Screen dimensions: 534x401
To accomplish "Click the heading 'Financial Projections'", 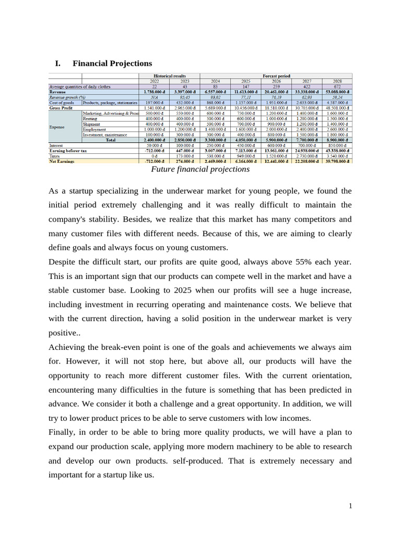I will [112, 63].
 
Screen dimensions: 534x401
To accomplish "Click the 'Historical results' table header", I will [169, 76].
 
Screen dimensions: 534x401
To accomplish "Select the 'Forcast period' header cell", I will [276, 76].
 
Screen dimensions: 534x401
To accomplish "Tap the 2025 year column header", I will [245, 81].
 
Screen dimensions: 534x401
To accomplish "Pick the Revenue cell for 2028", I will [337, 92].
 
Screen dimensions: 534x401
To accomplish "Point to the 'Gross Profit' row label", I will [62, 107].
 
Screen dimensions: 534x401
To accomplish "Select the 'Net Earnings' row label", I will [62, 161].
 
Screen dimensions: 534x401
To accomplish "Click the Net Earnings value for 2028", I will [337, 161].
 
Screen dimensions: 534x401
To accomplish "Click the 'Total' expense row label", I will [111, 140].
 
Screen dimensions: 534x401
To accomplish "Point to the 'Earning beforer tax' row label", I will [68, 150].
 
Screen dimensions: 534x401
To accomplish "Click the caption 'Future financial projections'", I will [200, 169].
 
